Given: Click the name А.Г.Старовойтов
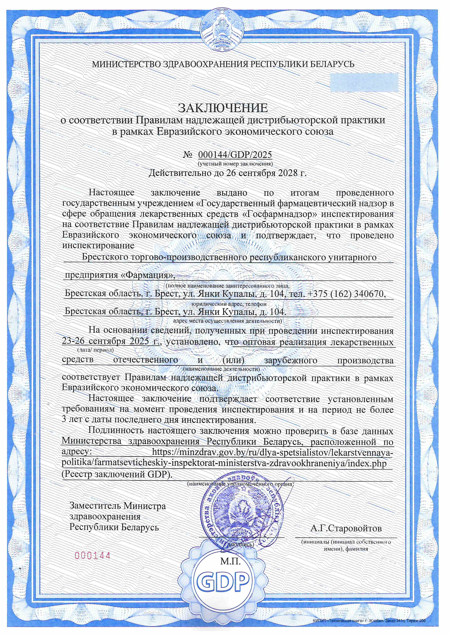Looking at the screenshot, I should [x=346, y=529].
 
